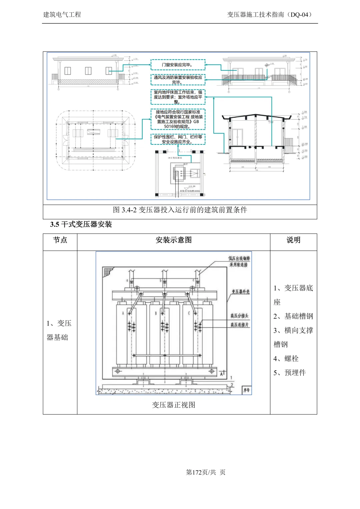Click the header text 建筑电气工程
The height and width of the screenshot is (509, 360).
point(62,15)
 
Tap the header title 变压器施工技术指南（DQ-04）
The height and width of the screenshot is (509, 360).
point(270,15)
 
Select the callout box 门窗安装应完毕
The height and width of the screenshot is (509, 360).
point(178,65)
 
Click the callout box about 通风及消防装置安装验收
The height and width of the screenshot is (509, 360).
point(178,80)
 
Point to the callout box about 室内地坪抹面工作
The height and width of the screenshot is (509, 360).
point(178,97)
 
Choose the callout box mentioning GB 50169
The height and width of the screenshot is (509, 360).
point(178,119)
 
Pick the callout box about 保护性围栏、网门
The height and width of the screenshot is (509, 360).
point(178,139)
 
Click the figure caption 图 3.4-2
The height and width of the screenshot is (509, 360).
point(180,210)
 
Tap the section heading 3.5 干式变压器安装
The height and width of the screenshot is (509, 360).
point(81,224)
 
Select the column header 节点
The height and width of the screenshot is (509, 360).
point(60,240)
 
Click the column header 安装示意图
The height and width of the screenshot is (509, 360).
point(173,240)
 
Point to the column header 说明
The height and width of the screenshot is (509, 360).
point(293,240)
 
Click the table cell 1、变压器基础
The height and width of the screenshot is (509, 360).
point(59,330)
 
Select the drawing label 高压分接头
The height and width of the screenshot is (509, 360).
point(239,316)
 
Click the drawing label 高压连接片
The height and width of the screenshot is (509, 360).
point(239,325)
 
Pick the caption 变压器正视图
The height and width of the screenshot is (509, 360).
point(173,405)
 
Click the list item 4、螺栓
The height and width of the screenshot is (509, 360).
point(286,359)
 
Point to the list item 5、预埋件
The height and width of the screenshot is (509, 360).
point(289,373)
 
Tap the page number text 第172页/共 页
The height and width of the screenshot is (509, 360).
point(205,472)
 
